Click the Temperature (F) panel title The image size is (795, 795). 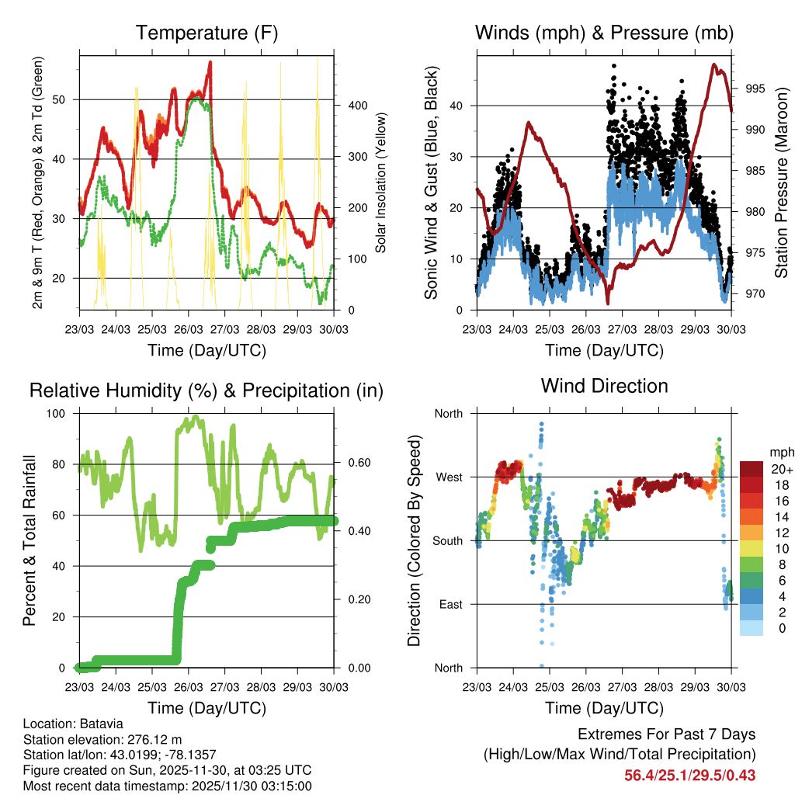206,33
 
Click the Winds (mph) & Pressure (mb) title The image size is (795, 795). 604,33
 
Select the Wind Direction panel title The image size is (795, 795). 604,385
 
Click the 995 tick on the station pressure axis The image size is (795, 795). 755,89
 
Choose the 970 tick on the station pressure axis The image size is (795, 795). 755,293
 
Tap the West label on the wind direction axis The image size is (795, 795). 449,477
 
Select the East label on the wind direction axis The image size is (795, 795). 450,604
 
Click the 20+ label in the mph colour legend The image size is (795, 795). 780,469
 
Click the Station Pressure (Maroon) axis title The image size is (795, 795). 781,182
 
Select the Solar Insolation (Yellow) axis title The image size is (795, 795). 381,182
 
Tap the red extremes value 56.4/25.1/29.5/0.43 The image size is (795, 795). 690,775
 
